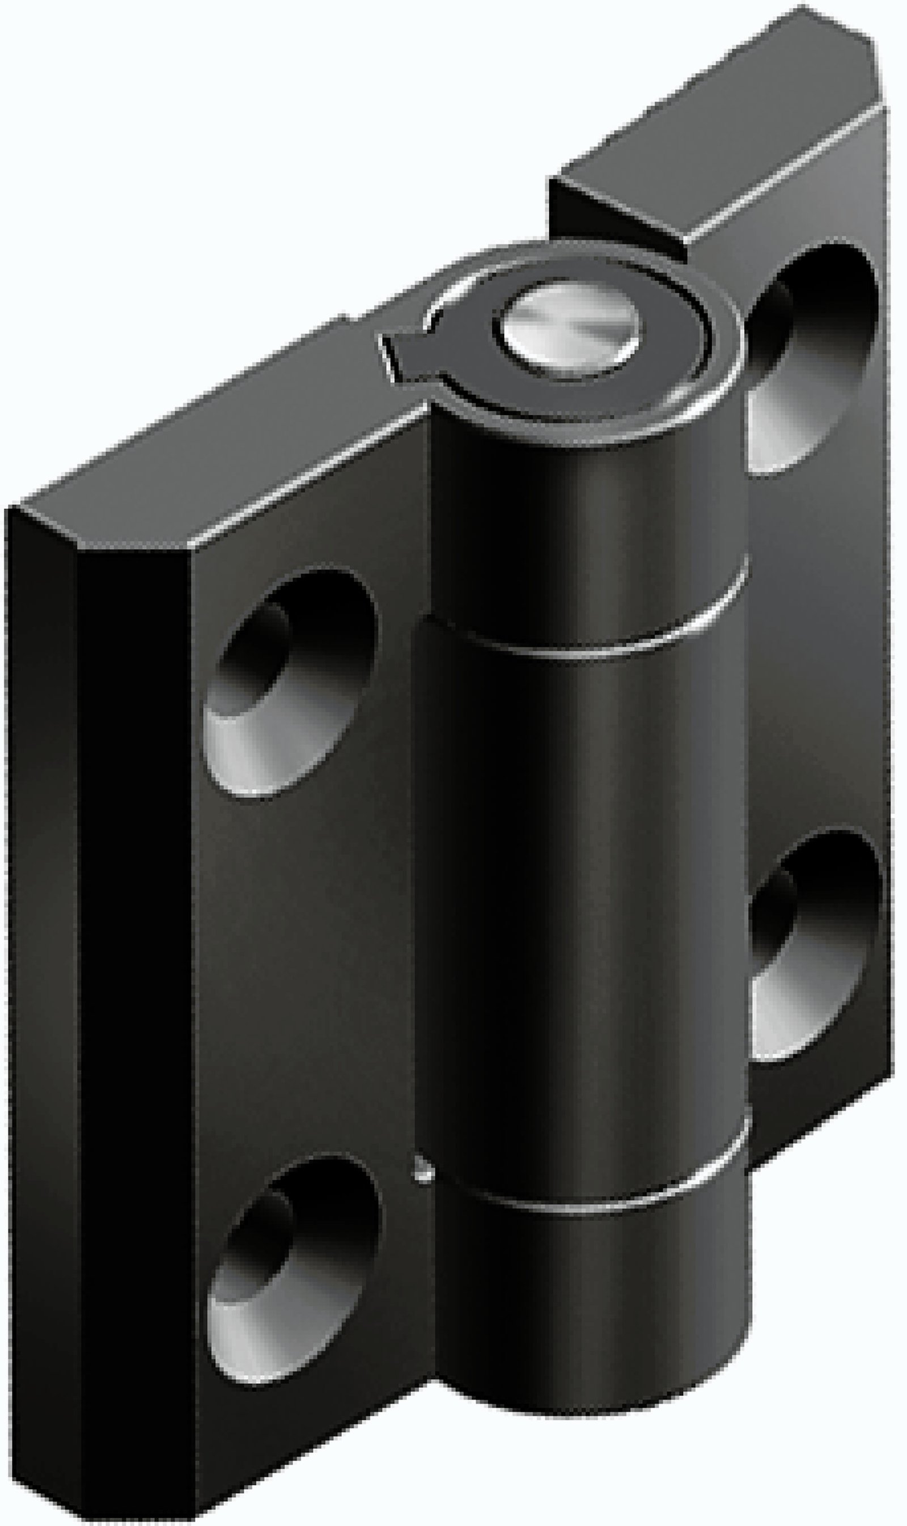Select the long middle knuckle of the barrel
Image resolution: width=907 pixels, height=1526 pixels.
point(580,886)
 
